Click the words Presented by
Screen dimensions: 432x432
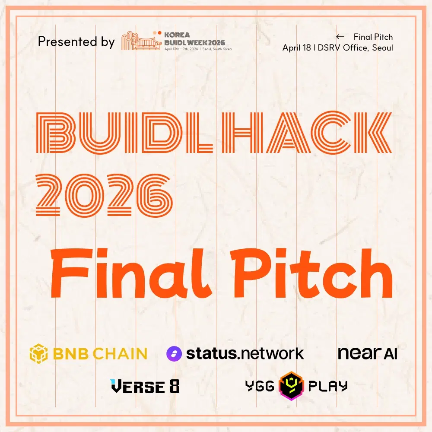tap(76, 42)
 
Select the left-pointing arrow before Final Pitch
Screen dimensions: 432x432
tap(340, 37)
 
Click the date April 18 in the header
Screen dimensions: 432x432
tap(296, 48)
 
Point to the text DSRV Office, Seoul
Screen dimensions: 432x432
tap(356, 48)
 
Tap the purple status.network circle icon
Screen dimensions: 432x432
tap(174, 354)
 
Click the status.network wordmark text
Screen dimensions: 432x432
tap(245, 354)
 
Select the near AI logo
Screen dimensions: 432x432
tap(367, 353)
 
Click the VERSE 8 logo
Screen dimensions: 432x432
tap(145, 386)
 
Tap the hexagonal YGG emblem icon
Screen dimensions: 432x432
tap(291, 386)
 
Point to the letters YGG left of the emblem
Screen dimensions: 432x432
tap(260, 386)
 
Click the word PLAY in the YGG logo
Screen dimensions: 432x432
tap(327, 386)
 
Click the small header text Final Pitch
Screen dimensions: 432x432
tap(373, 37)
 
